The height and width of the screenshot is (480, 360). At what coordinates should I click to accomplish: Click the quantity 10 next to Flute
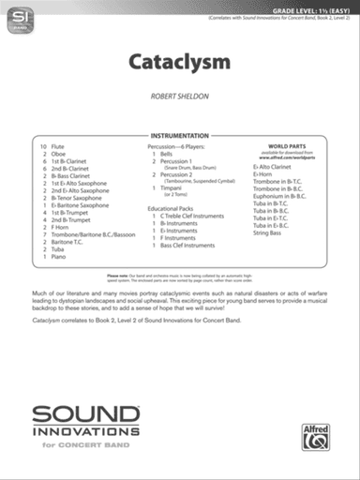click(x=43, y=148)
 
